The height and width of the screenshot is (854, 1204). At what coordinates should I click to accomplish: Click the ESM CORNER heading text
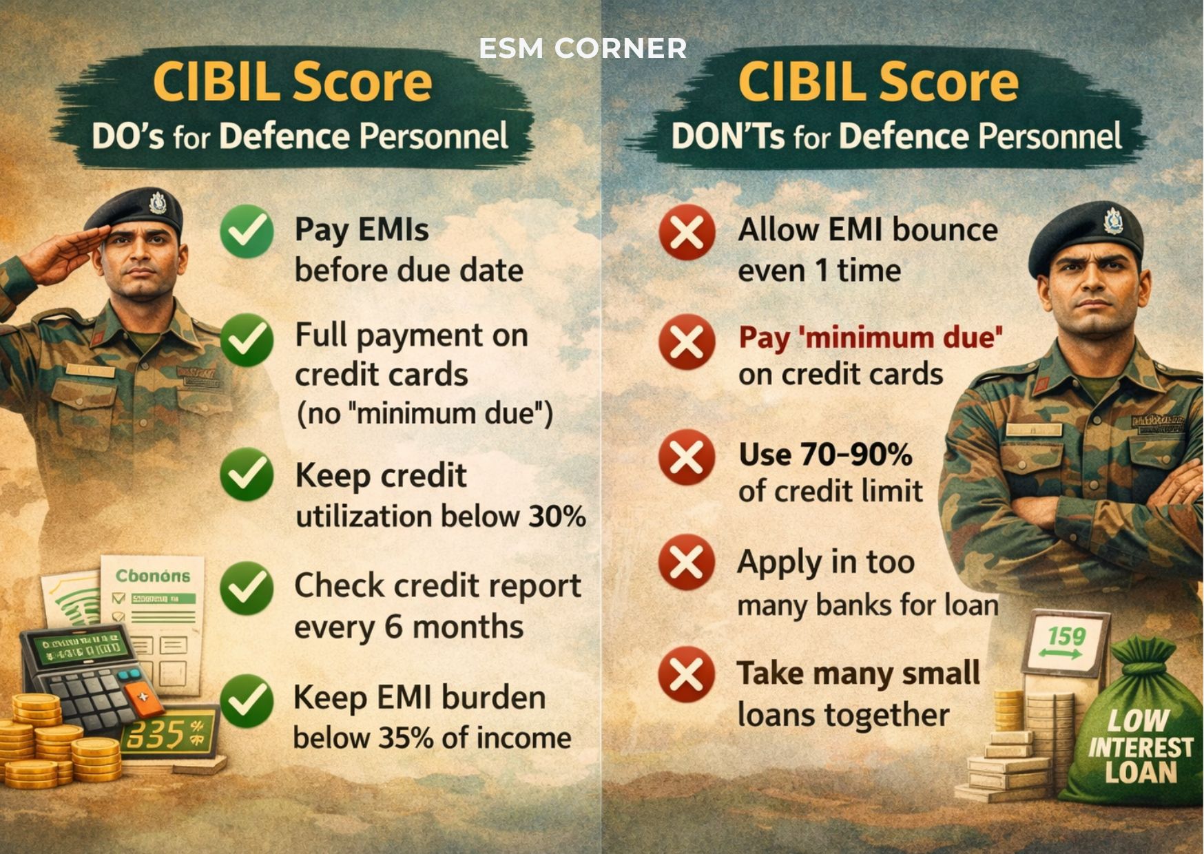coord(583,48)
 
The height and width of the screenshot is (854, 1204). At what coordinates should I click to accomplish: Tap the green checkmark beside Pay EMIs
coord(247,231)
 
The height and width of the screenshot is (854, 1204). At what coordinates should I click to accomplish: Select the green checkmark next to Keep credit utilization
coord(247,474)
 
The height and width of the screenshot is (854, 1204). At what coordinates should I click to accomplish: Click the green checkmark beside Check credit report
coord(247,587)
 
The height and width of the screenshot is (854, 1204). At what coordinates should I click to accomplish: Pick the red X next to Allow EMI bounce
coord(686,232)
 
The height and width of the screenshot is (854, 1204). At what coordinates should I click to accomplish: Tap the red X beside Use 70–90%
coord(686,457)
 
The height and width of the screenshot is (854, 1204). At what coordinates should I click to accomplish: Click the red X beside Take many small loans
coord(686,674)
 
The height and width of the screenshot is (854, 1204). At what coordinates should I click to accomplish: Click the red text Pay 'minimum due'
coord(870,337)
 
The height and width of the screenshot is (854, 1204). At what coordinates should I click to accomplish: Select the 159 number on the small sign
coord(1066,636)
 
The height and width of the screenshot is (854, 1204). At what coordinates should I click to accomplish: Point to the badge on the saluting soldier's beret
coord(158,203)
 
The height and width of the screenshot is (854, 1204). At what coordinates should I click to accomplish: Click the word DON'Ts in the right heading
coord(727,136)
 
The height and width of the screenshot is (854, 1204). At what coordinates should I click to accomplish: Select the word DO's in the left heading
coord(128,136)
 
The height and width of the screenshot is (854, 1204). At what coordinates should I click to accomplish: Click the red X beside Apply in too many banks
coord(686,563)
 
